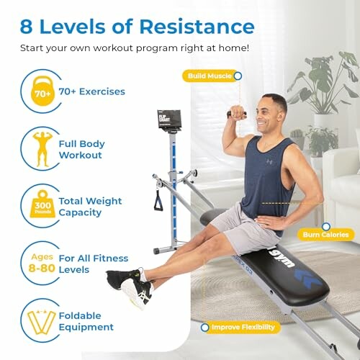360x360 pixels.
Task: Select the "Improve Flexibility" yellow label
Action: point(242,328)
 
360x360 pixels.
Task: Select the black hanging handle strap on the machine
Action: point(158,199)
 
